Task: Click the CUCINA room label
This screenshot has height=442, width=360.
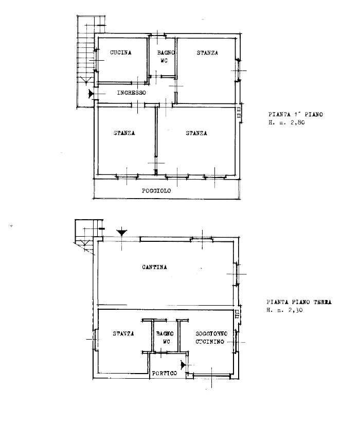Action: click(x=120, y=52)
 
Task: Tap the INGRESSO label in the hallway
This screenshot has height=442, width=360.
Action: click(x=132, y=93)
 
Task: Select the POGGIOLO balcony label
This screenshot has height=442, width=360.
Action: click(x=156, y=191)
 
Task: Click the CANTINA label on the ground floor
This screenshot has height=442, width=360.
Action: click(x=154, y=267)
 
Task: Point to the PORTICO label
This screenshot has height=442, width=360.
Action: click(x=165, y=373)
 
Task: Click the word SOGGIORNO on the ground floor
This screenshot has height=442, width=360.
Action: click(x=211, y=334)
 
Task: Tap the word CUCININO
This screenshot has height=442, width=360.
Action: click(x=210, y=342)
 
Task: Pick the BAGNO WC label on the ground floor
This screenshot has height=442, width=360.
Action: click(x=165, y=338)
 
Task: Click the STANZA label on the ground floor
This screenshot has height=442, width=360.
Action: click(x=123, y=334)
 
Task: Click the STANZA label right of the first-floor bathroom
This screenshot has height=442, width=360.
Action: click(x=207, y=52)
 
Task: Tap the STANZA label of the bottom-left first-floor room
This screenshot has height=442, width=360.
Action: click(x=124, y=133)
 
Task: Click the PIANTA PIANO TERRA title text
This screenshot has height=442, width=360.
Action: click(x=299, y=302)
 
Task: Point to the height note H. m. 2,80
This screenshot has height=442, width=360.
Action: click(x=286, y=122)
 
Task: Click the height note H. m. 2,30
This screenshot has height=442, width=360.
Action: click(x=284, y=310)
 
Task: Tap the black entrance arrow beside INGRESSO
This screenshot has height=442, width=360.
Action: click(x=91, y=94)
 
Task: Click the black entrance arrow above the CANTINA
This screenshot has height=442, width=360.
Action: click(x=122, y=233)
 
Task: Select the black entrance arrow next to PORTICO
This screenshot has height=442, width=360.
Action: click(x=183, y=365)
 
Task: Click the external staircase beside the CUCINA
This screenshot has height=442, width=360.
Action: click(x=85, y=62)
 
